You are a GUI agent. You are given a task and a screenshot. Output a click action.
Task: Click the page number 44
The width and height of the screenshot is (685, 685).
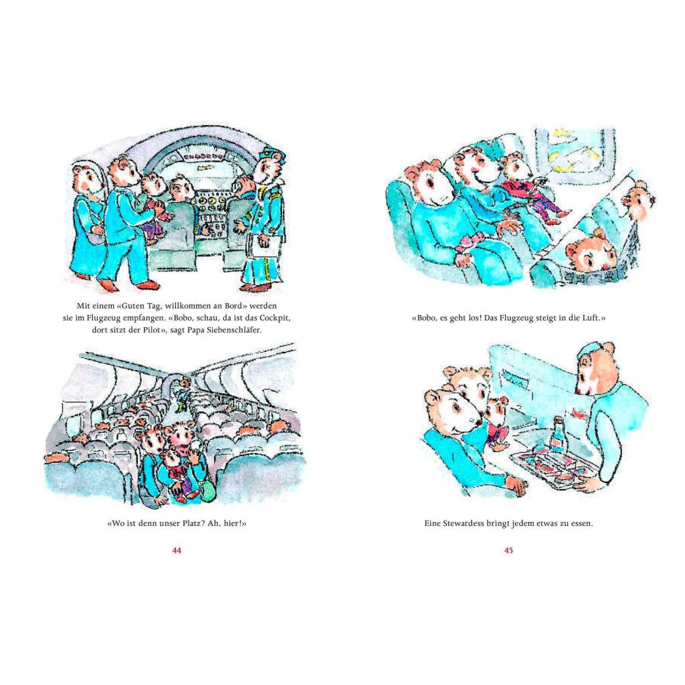tap(177, 551)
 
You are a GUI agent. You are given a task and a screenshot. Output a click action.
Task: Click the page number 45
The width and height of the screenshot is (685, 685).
tap(508, 551)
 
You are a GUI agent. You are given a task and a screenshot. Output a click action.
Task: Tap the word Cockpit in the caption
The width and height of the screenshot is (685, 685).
tap(273, 318)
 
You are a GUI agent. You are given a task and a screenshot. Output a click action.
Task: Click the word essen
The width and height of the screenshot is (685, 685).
tap(581, 523)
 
